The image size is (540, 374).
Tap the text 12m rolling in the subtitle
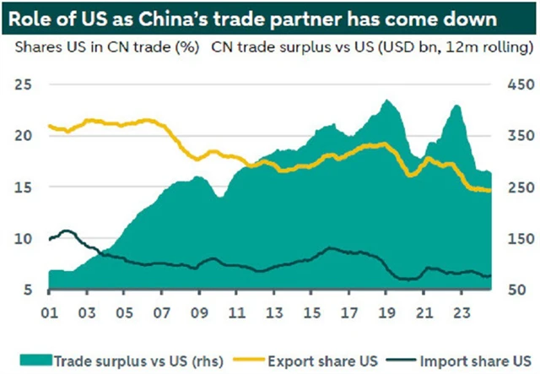(x=476, y=48)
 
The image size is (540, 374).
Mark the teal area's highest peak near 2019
(x=387, y=100)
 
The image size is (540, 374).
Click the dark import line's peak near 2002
(x=67, y=230)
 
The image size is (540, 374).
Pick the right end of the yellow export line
(x=490, y=190)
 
